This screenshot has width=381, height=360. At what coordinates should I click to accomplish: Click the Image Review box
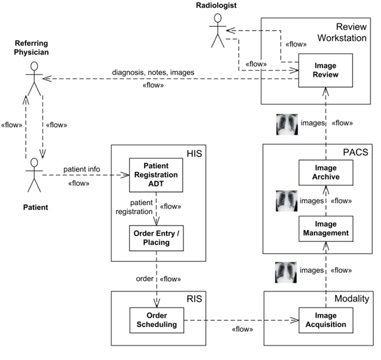(325, 70)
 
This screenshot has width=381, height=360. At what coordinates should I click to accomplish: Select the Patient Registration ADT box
(156, 175)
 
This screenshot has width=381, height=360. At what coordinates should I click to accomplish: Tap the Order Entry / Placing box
(156, 238)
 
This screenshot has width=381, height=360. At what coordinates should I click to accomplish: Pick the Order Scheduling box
(157, 320)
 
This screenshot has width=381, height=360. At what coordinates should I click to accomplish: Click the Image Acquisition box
(326, 320)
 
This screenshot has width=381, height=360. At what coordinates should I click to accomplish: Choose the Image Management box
(326, 229)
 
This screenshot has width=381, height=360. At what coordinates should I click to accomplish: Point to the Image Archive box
(326, 172)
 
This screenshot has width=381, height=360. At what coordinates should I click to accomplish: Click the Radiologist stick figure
(218, 31)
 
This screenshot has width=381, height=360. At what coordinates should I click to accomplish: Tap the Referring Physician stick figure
(34, 79)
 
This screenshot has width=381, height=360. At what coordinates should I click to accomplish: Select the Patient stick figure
(34, 175)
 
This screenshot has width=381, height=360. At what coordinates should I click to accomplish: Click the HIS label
(194, 154)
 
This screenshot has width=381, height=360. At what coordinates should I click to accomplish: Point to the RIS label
(194, 299)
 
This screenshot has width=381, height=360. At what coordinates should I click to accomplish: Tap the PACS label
(355, 152)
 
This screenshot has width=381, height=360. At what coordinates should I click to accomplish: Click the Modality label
(352, 298)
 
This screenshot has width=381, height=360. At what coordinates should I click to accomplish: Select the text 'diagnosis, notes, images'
(153, 72)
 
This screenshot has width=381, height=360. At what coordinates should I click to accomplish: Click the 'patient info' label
(82, 169)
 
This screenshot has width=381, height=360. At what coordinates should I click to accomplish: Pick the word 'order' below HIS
(145, 279)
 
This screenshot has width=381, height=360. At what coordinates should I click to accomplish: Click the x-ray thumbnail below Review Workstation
(287, 124)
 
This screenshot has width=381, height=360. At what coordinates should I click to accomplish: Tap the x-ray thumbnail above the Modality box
(286, 273)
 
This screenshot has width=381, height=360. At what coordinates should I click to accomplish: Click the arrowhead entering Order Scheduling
(157, 303)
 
